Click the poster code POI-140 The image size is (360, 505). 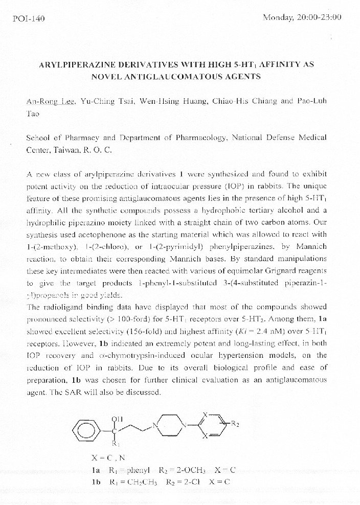click(29, 19)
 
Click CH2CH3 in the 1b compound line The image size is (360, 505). click(133, 482)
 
